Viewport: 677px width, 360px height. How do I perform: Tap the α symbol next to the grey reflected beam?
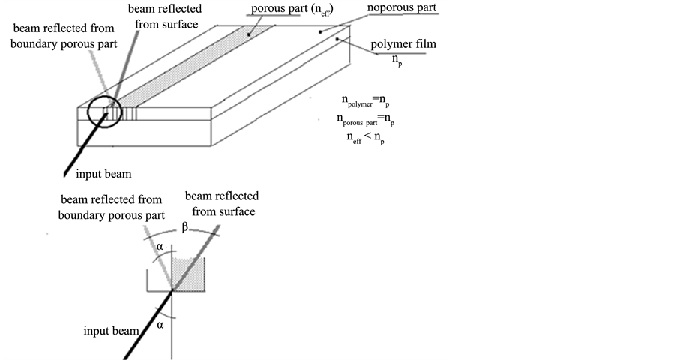(x=159, y=245)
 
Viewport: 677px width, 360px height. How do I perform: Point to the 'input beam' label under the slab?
(x=103, y=174)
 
